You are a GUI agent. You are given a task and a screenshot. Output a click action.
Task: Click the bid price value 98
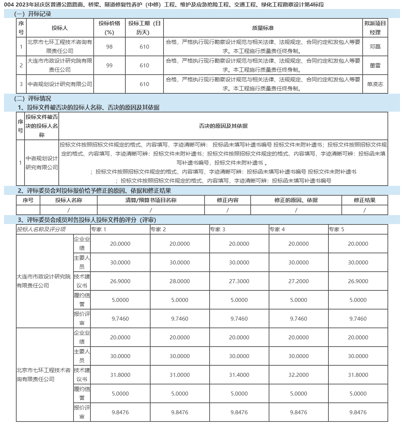point(109,47)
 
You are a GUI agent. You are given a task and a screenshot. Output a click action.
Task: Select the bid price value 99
point(109,66)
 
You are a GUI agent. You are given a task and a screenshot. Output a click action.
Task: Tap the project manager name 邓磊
point(375,47)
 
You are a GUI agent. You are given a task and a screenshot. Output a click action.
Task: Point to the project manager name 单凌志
point(375,84)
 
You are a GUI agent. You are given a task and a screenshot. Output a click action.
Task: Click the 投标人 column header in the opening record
point(59,28)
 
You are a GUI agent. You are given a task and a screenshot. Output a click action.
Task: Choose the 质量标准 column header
point(263,28)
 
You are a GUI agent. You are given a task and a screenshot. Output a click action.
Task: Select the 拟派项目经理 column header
point(375,28)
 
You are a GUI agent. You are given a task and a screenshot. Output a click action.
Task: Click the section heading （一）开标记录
point(32,14)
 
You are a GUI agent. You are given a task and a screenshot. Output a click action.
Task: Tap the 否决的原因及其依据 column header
point(223,126)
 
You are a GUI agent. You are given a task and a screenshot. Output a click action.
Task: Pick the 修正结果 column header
point(364,200)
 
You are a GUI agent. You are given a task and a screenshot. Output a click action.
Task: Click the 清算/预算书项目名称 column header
point(151,200)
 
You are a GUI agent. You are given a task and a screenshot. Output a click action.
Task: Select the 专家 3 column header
point(217,229)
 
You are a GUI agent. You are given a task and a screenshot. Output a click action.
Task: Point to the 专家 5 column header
point(336,229)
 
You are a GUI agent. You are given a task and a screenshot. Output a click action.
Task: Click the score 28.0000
point(180,281)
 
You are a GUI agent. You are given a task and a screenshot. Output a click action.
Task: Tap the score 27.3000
point(239,281)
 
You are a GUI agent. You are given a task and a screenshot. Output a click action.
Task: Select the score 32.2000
point(298,375)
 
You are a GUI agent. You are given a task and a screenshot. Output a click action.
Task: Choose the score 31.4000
point(239,375)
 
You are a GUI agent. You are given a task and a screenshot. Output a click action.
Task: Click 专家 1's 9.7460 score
point(120,319)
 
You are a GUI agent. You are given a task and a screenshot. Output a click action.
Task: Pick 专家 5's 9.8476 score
point(358,412)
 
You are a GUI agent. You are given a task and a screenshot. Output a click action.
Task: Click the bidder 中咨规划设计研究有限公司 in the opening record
point(60,84)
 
